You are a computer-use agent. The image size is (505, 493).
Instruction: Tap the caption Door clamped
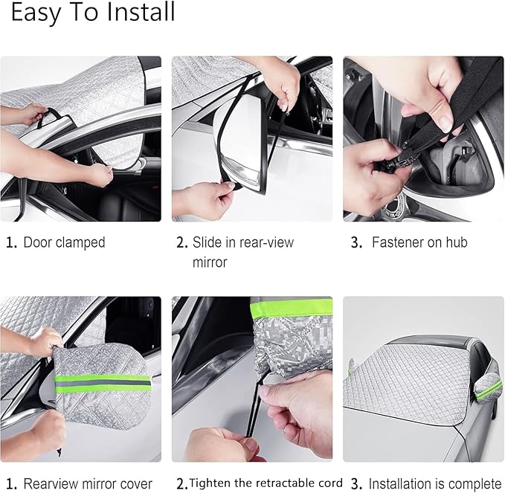click(64, 242)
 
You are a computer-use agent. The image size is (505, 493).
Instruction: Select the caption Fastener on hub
click(419, 242)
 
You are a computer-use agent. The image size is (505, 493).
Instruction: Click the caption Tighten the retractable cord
click(266, 483)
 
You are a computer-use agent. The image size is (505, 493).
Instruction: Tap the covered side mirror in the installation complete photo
click(488, 387)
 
